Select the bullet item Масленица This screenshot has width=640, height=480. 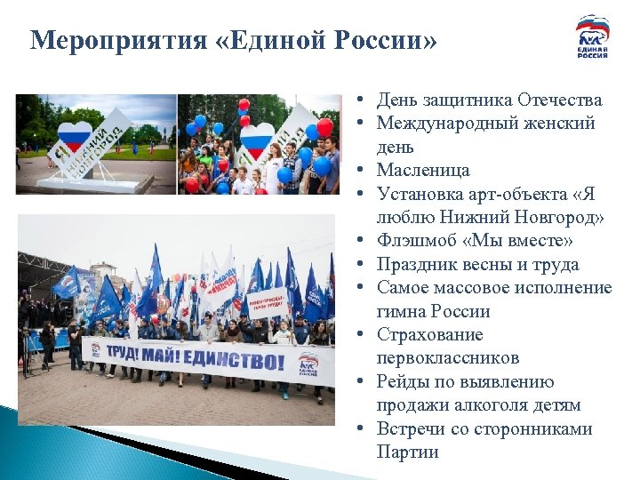point(422,170)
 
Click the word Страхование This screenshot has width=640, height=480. point(429,335)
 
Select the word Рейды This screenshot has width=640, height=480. point(404,382)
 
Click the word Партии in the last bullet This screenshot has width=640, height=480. point(407,452)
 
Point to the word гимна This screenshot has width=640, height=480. point(401,312)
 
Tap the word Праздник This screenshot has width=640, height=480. point(418,264)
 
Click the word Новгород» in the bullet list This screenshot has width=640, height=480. point(556,217)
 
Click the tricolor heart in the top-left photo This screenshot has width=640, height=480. point(75,138)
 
